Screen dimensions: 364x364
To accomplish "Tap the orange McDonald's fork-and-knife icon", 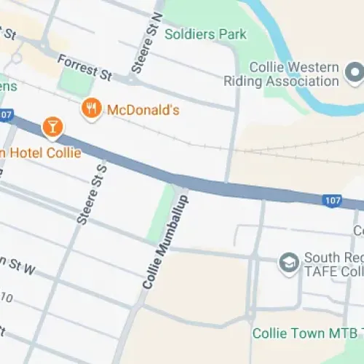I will click(x=91, y=109).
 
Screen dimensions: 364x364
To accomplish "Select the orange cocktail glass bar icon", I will click(x=52, y=126).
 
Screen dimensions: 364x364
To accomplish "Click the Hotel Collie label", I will click(x=40, y=153).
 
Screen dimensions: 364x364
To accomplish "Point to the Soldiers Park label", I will click(x=205, y=34).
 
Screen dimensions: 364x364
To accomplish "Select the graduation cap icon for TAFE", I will click(x=289, y=262).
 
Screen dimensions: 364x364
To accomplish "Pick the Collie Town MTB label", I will click(x=306, y=333).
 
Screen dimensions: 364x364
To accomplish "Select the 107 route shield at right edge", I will click(x=333, y=199).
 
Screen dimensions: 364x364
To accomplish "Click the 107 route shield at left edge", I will click(x=7, y=114).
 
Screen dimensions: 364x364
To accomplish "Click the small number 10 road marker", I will click(x=7, y=298).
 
